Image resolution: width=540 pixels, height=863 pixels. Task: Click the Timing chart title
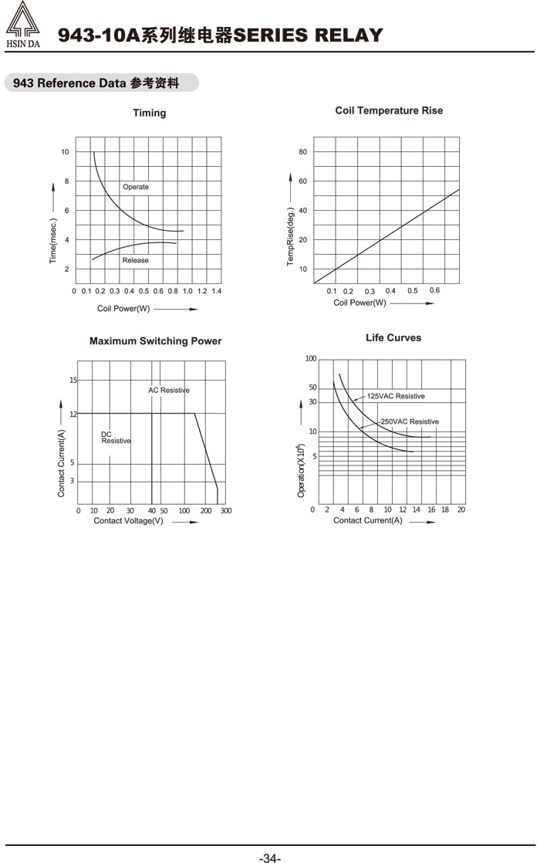(149, 113)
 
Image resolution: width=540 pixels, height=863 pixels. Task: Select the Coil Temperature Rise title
(389, 110)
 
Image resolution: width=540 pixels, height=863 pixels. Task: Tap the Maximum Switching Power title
(155, 341)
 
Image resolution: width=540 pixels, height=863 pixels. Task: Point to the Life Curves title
(393, 337)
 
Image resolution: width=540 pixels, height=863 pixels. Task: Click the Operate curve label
(136, 187)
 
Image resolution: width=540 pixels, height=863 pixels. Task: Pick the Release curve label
(135, 260)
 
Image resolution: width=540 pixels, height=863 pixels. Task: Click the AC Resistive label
(169, 391)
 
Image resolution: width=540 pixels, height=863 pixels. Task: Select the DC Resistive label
(116, 438)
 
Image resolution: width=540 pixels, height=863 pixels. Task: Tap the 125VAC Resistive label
(396, 396)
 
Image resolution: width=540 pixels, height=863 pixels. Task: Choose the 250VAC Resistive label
(410, 421)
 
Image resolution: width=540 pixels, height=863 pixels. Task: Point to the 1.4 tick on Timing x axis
(216, 291)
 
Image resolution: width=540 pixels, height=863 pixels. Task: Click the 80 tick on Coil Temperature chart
(303, 152)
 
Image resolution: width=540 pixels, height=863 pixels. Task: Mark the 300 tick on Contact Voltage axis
(226, 511)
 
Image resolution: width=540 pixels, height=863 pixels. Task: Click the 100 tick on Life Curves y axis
(311, 359)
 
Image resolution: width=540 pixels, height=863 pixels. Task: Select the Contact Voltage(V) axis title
(128, 521)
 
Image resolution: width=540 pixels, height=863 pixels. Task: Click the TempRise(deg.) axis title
(291, 236)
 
